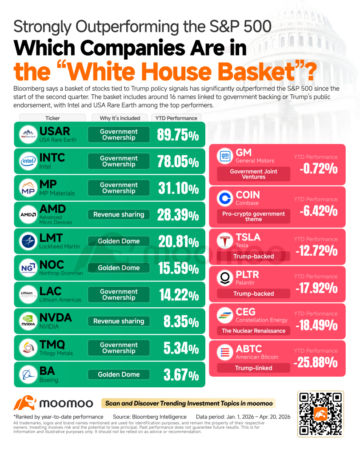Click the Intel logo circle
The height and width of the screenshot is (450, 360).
click(28, 161)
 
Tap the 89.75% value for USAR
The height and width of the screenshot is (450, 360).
click(178, 135)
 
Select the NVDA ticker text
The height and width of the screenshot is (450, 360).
click(56, 317)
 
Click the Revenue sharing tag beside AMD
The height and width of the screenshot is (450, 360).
click(119, 214)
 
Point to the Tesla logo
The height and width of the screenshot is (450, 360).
click(225, 241)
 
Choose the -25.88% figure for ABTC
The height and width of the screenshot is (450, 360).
click(316, 362)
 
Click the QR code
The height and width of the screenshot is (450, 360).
click(320, 414)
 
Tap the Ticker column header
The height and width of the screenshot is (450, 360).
click(52, 118)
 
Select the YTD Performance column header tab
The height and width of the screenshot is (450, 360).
click(176, 118)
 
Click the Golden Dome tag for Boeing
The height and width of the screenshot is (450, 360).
click(119, 374)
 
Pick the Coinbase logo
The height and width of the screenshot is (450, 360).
click(225, 198)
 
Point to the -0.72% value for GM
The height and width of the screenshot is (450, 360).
click(318, 169)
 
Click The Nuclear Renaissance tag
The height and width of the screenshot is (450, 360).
click(254, 331)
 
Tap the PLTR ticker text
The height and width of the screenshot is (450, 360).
click(247, 275)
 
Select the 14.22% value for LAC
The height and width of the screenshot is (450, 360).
click(179, 295)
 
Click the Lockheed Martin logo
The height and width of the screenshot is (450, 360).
click(28, 241)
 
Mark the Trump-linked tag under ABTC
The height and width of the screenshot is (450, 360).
click(254, 368)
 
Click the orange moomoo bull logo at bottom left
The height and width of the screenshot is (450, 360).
click(25, 403)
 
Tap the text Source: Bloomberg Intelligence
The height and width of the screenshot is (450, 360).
click(149, 417)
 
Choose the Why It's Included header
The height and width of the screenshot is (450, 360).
click(120, 118)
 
